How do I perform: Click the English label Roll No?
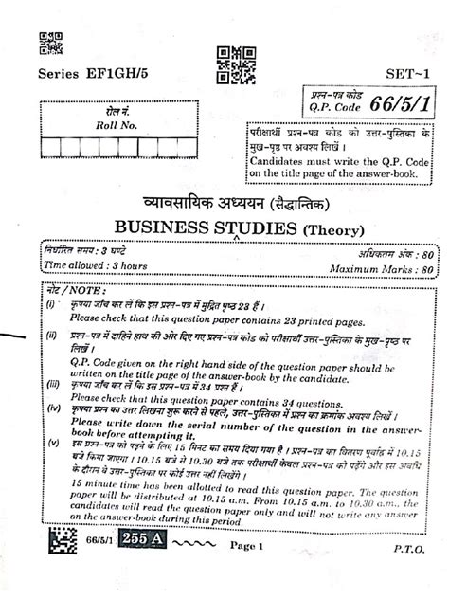(116, 124)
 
